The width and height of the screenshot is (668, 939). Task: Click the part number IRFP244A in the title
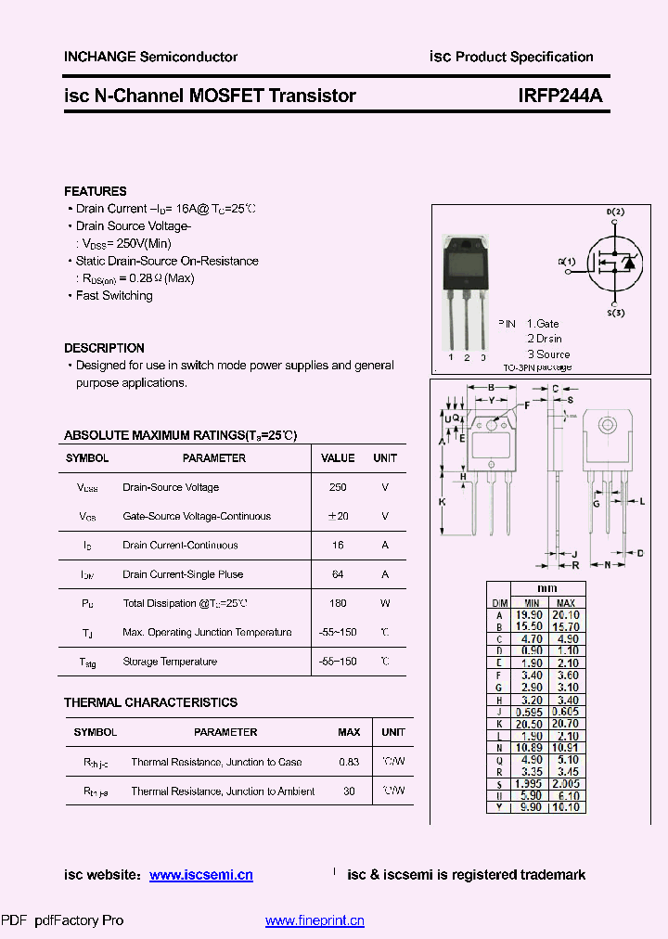559,96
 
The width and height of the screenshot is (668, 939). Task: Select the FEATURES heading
96,191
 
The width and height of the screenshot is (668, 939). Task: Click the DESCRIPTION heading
104,348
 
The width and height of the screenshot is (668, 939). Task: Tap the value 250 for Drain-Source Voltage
338,487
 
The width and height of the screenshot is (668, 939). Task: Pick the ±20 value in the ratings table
338,516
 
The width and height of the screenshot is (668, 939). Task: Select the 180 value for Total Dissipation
338,603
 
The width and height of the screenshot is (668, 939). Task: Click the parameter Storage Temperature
170,662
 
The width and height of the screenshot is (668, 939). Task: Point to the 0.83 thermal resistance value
349,762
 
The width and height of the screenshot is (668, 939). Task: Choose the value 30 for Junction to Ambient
349,791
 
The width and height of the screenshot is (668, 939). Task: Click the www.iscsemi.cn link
200,875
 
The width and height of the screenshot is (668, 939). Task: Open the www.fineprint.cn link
315,920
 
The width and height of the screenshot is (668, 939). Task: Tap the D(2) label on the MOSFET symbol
615,212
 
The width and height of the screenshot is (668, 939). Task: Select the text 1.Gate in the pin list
543,324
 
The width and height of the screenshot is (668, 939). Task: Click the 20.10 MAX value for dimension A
566,614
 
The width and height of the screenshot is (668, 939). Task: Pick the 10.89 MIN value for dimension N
527,747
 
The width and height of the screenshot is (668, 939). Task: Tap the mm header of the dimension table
547,588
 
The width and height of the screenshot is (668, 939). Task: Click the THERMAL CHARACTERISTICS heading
150,702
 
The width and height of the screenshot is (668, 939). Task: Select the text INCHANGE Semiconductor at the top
150,57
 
